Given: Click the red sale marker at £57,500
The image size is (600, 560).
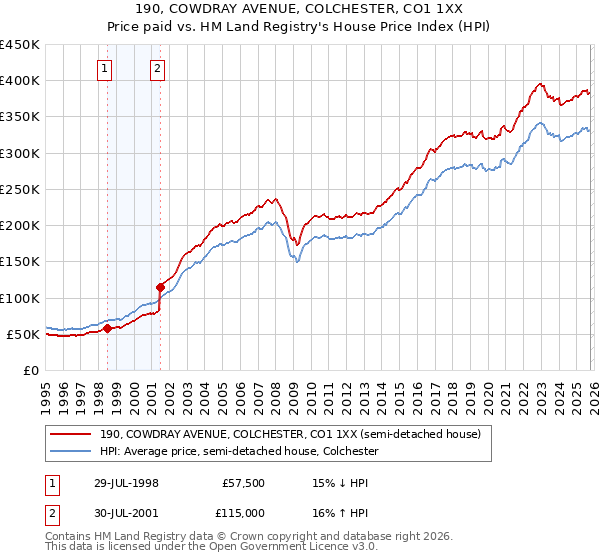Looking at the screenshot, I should [107, 328].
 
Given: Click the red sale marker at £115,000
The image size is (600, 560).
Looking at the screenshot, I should [160, 287].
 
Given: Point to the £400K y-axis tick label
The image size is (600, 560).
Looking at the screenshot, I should [20, 81].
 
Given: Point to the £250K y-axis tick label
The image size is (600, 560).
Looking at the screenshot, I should [20, 189].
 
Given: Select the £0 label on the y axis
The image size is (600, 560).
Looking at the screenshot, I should [32, 370].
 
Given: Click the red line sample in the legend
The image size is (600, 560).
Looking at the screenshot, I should [72, 434].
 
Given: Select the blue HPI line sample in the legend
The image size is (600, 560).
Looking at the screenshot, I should [72, 452].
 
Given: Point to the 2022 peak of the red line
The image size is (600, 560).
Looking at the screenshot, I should [540, 84].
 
